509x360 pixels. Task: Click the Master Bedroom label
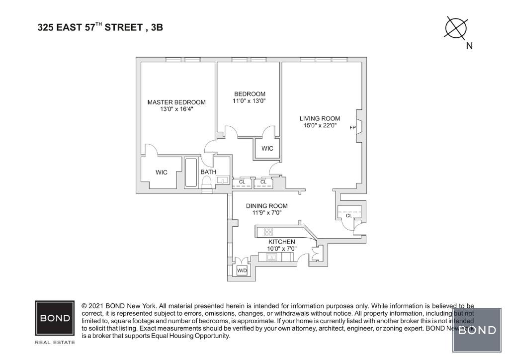pyautogui.click(x=176, y=102)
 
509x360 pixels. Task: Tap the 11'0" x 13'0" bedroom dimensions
pyautogui.click(x=250, y=101)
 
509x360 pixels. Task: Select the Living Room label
pyautogui.click(x=320, y=118)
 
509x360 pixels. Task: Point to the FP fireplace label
pyautogui.click(x=353, y=127)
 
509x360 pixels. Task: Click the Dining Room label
pyautogui.click(x=267, y=206)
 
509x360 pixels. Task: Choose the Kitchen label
pyautogui.click(x=281, y=242)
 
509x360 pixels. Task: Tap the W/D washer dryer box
pyautogui.click(x=242, y=270)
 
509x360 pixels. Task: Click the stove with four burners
pyautogui.click(x=268, y=231)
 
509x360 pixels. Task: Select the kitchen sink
pyautogui.click(x=271, y=257)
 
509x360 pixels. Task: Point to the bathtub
pyautogui.click(x=191, y=173)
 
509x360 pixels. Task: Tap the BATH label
pyautogui.click(x=208, y=172)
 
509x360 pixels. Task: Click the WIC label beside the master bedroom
pyautogui.click(x=162, y=173)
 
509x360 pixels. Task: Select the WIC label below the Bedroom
pyautogui.click(x=267, y=149)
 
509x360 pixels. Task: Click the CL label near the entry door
pyautogui.click(x=348, y=216)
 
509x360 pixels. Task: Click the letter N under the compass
pyautogui.click(x=469, y=46)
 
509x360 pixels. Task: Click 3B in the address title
pyautogui.click(x=157, y=28)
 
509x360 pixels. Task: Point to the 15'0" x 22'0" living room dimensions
pyautogui.click(x=320, y=126)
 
